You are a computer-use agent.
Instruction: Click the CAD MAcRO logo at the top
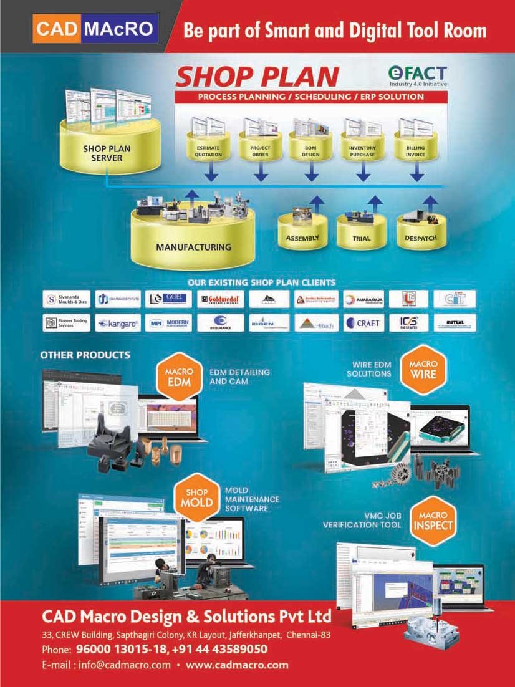point(95,28)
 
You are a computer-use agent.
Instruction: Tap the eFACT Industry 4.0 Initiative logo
point(416,74)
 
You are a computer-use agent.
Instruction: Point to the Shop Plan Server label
point(103,153)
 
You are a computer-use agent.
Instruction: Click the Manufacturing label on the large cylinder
point(193,247)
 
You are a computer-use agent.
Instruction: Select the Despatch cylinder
point(420,238)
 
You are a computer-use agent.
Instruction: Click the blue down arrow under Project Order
point(261,172)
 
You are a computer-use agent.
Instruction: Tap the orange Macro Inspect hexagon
point(433,521)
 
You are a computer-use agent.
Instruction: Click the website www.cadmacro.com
point(237,665)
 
